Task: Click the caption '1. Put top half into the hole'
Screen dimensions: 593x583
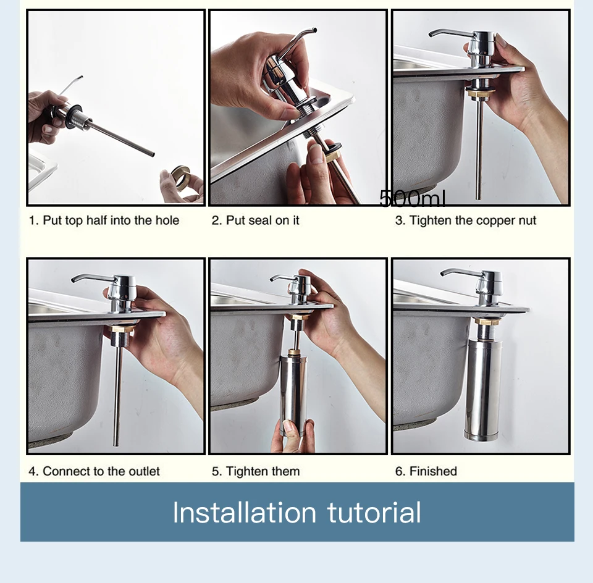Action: (x=104, y=220)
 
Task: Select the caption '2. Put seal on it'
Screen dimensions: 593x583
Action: (x=255, y=220)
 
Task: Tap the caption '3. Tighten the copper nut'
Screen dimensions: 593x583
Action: (x=466, y=220)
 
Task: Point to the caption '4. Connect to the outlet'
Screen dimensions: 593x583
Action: (x=94, y=471)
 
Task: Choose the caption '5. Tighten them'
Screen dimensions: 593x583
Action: (x=256, y=471)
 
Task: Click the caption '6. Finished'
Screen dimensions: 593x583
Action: (x=426, y=471)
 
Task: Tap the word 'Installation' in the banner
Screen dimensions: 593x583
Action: (x=245, y=513)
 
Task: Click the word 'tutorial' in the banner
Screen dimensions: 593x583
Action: (x=374, y=513)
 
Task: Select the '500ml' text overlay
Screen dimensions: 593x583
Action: (x=412, y=198)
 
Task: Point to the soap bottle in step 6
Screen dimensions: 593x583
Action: (x=483, y=390)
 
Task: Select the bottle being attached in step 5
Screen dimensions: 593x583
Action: (x=294, y=393)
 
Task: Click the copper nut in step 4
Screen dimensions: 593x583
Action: (x=120, y=329)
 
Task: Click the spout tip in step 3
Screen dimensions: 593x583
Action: (x=431, y=36)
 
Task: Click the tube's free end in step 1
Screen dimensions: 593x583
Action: (x=153, y=154)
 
